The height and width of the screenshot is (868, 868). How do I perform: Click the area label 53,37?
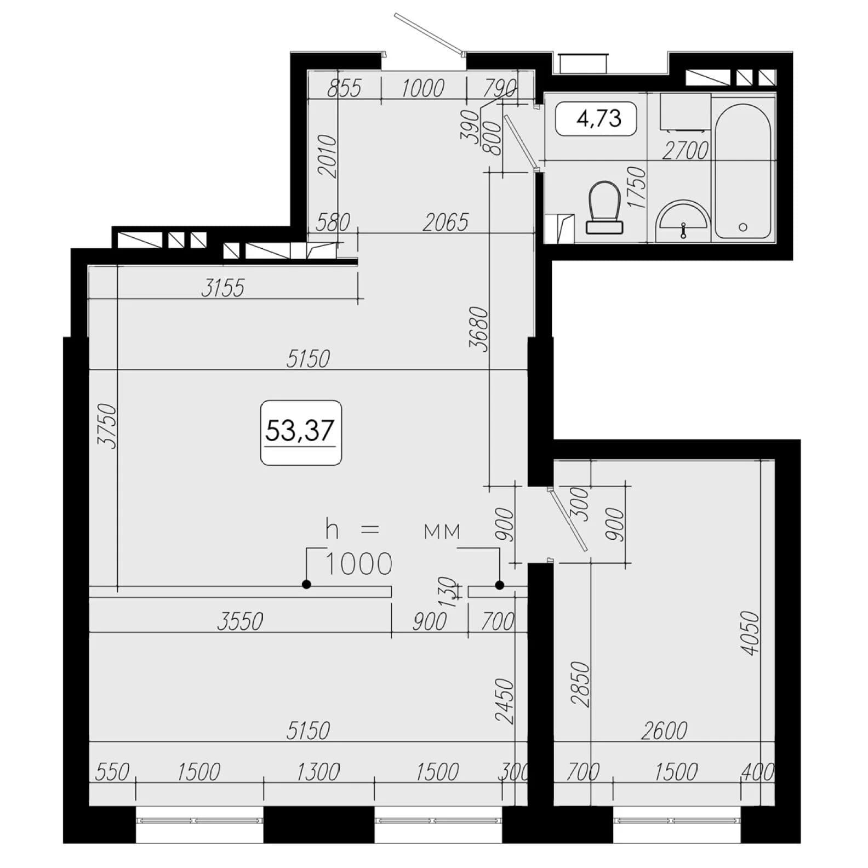pos(300,430)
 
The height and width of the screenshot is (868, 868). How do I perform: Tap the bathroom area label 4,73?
pos(599,118)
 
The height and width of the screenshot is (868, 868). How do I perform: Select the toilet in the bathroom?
pos(604,208)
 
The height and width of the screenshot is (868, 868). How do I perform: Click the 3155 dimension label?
pos(222,288)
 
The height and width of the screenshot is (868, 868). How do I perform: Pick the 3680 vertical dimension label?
pos(478,329)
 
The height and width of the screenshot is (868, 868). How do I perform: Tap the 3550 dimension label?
pos(240,621)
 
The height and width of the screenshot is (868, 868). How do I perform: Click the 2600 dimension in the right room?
pos(664,730)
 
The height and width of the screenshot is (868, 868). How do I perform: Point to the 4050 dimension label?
pos(750,633)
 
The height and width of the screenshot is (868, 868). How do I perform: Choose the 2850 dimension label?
pos(580,684)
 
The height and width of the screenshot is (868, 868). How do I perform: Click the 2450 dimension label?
pos(505,701)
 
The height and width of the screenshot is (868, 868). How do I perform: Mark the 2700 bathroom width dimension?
pos(685,150)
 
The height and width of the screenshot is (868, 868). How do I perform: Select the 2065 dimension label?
pos(446,222)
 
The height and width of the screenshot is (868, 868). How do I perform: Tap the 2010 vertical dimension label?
pos(327,156)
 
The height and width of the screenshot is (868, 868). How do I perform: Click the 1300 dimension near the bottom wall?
pos(318,772)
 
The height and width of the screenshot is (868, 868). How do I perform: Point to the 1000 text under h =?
pos(359,564)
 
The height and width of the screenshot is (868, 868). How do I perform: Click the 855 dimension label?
pos(345,88)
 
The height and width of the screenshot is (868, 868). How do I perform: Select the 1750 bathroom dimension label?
pos(638,187)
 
